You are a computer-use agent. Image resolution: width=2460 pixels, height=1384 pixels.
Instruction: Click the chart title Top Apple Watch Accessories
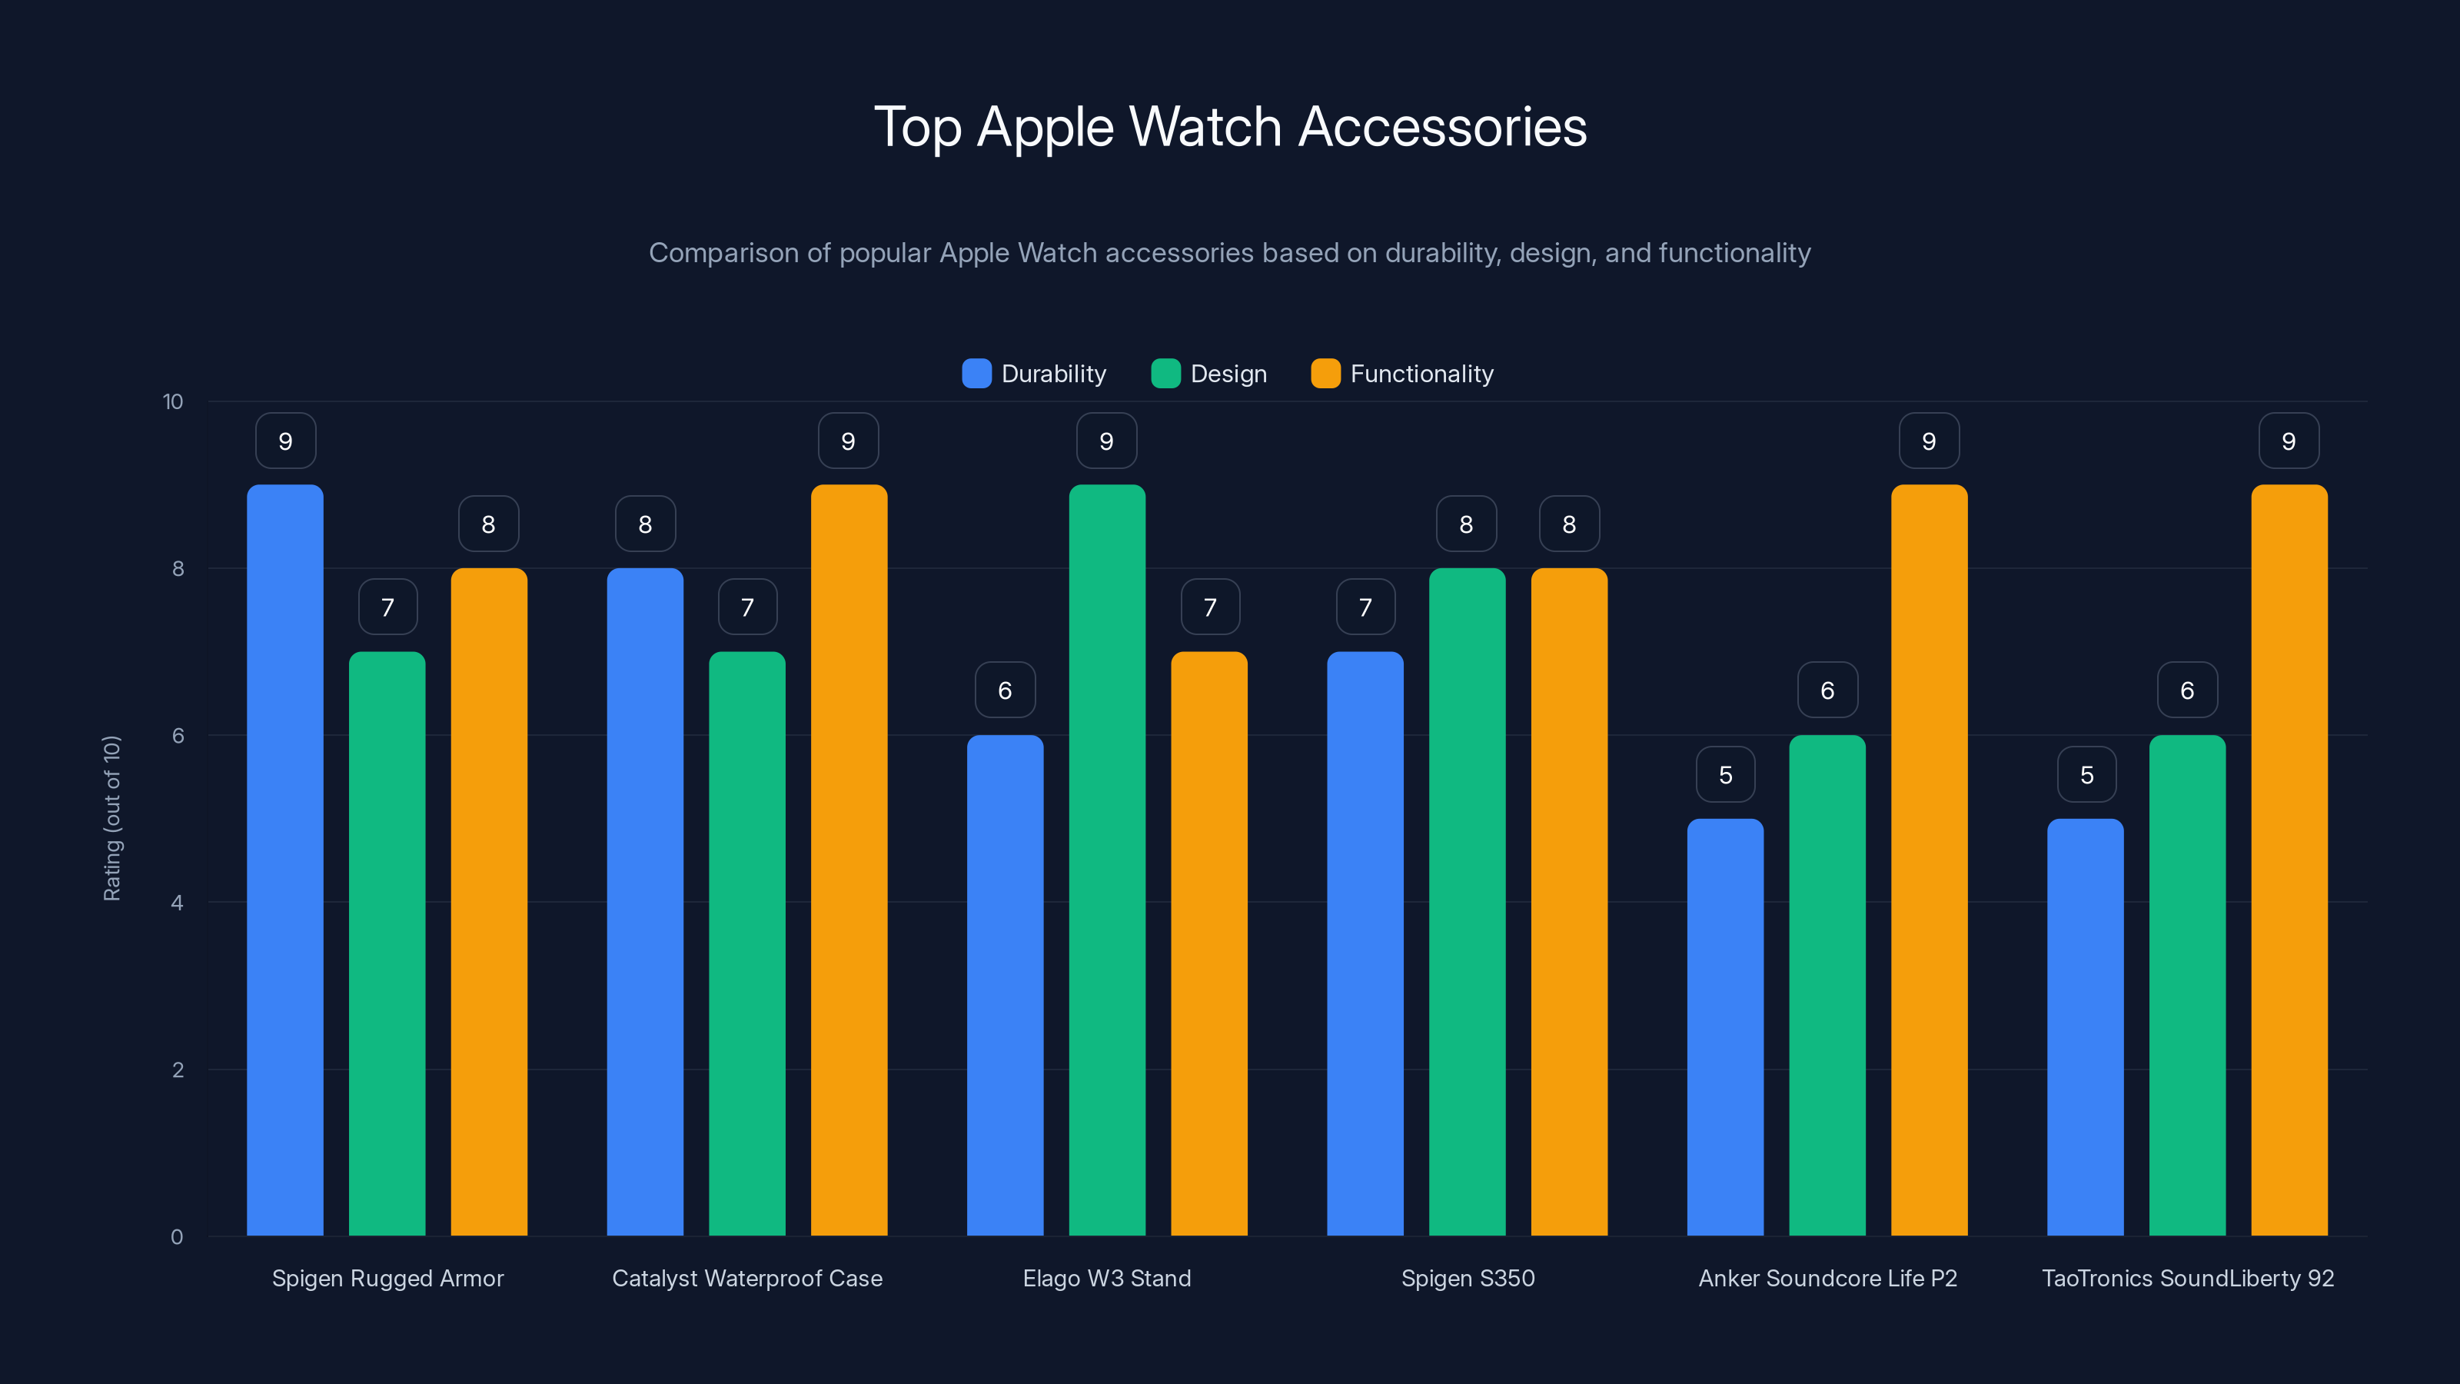point(1230,127)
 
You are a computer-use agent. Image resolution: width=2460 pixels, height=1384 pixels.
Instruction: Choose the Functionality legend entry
point(1402,374)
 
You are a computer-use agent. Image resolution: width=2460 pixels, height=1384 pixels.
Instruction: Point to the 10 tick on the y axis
point(173,401)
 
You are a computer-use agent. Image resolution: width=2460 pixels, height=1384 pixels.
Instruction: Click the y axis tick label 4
point(177,903)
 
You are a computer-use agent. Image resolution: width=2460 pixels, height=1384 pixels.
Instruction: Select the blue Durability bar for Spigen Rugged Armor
point(284,860)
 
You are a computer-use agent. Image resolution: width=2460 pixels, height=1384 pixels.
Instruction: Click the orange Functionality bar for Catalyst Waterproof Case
point(849,860)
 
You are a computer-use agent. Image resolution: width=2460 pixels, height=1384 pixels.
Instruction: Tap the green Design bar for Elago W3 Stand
point(1107,860)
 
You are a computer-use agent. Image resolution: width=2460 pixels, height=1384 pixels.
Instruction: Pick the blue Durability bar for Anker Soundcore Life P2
point(1724,1026)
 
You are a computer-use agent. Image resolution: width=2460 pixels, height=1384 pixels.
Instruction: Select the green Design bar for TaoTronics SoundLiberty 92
point(2187,984)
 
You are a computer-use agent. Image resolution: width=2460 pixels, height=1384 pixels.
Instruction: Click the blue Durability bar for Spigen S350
point(1365,946)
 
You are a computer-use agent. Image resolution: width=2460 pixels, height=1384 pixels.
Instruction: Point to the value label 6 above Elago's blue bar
point(1005,690)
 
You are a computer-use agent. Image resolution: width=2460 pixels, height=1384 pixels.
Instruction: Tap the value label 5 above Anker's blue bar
point(1724,774)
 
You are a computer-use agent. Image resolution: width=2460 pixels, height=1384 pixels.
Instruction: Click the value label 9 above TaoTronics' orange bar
point(2288,441)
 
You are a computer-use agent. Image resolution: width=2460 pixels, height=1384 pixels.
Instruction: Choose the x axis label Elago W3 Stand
point(1107,1278)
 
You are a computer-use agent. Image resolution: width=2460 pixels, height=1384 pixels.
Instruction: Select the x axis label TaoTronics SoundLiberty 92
point(2187,1278)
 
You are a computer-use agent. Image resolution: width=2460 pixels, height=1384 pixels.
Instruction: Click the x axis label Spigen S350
point(1468,1278)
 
